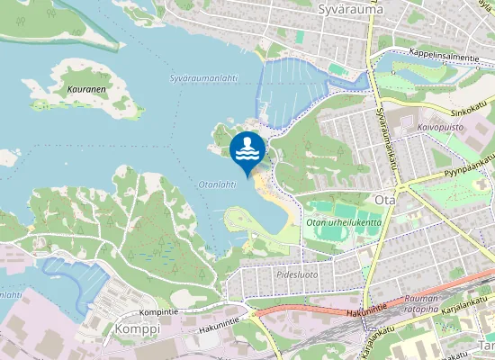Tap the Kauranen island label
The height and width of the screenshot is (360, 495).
pyautogui.click(x=88, y=90)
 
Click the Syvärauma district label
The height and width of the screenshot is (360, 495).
pyautogui.click(x=351, y=9)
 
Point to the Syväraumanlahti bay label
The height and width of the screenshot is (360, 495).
pyautogui.click(x=203, y=78)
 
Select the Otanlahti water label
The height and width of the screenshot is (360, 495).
pyautogui.click(x=216, y=184)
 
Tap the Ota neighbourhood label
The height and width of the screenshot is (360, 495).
pyautogui.click(x=384, y=199)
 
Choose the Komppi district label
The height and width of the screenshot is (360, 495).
pyautogui.click(x=137, y=330)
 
